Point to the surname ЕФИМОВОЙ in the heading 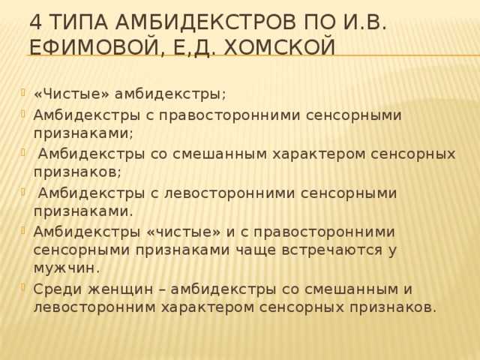[94, 48]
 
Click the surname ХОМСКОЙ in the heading [279, 48]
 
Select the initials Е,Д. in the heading [191, 48]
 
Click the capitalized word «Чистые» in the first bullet [72, 94]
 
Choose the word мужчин [67, 268]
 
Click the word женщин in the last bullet [121, 289]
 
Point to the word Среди [58, 289]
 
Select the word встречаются [332, 250]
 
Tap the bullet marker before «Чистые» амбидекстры [22, 91]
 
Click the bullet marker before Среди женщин [22, 286]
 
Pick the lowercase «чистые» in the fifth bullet [184, 232]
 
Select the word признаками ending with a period [83, 212]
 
